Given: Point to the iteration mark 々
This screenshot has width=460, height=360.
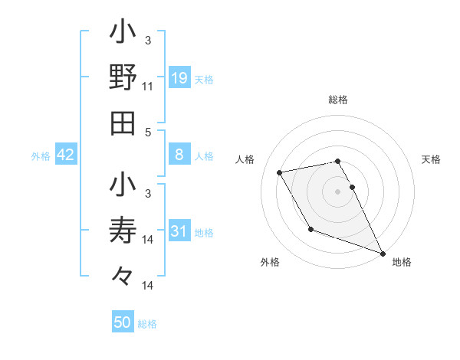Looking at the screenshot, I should coord(123,274).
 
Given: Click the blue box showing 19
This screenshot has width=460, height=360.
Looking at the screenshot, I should coord(179,77).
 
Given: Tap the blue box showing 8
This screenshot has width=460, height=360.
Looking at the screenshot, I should coord(179,155).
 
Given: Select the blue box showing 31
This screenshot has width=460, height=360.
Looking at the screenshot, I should coord(179,231).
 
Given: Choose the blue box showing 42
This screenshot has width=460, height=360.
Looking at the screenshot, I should coord(65,155).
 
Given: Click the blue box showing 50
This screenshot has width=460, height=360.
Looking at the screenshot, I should coord(123,322).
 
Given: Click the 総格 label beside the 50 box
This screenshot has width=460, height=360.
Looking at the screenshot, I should coord(147,324).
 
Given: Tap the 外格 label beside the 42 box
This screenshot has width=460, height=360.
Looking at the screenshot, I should coord(41,156).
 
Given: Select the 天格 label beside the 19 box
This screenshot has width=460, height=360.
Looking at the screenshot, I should coord(204,79).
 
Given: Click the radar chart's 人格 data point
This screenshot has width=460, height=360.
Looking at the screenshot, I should coord(280,172).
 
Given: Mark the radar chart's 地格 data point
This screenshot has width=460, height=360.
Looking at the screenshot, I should coord(383,253).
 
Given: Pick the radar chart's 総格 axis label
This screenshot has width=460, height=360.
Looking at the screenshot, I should coord(338,100).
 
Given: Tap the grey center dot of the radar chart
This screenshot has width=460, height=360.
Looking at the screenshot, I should coord(338,191).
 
